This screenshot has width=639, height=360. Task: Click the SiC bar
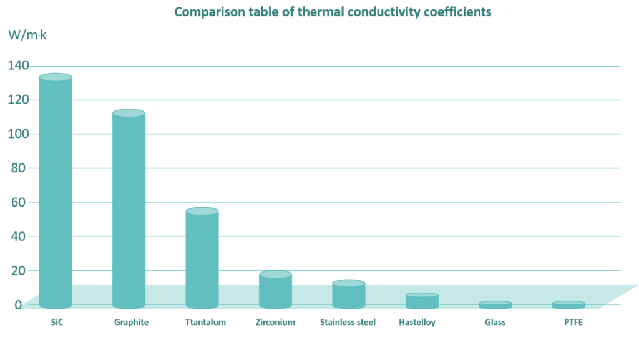tap(56, 190)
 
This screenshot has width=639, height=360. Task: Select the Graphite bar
tap(129, 209)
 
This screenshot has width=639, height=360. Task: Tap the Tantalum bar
tap(202, 258)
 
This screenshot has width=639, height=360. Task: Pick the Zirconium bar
tap(275, 290)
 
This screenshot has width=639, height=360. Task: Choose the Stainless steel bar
tap(348, 294)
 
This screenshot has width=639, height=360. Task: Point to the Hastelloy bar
tap(422, 301)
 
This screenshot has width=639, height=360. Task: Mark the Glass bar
tap(495, 305)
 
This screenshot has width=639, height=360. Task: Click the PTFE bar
tap(568, 305)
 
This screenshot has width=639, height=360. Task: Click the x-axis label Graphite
tap(131, 323)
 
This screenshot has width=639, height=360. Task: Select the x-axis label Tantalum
tap(205, 323)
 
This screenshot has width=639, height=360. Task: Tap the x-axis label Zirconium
tap(275, 323)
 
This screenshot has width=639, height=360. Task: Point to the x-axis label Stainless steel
tap(348, 323)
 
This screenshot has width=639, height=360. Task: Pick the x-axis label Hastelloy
tap(417, 323)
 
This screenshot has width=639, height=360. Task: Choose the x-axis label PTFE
tap(572, 323)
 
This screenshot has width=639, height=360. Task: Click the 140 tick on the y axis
tap(18, 66)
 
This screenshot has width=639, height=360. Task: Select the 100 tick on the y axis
tap(18, 134)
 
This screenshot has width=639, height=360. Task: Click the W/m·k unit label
tap(27, 36)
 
